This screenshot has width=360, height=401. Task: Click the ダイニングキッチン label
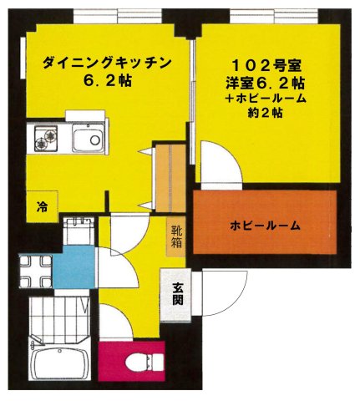[107, 63]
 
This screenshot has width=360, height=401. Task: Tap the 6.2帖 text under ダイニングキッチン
[107, 81]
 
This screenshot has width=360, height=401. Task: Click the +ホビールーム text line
[266, 99]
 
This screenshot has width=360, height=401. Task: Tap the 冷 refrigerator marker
[40, 205]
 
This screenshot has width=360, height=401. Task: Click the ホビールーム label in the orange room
[265, 226]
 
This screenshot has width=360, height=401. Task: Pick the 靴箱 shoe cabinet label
[177, 236]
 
